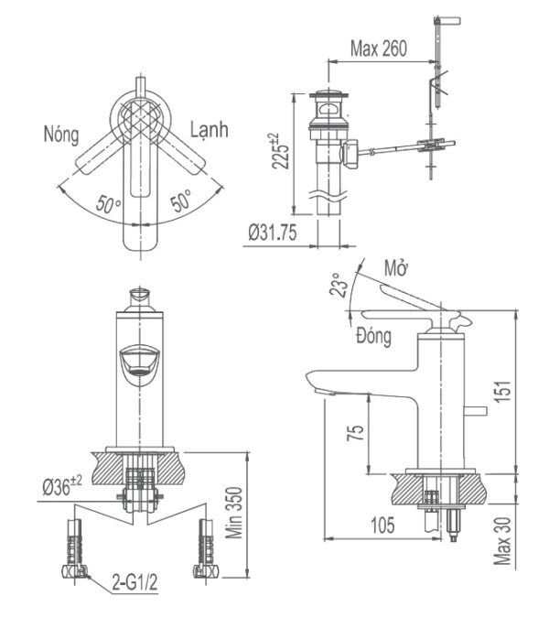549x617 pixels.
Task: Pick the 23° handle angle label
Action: point(340,286)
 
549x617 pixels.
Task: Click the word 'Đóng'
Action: point(374,336)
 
